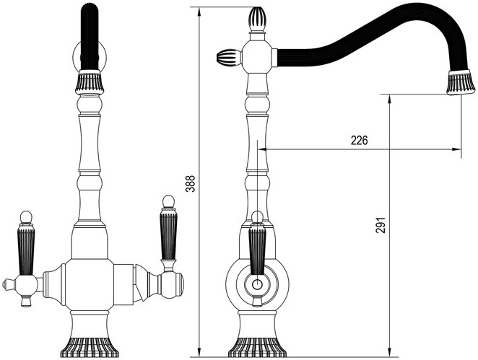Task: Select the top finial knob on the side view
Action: click(x=258, y=19)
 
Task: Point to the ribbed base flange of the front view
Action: click(x=92, y=342)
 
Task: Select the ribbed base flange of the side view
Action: click(x=257, y=343)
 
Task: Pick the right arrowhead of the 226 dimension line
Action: click(x=456, y=150)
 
